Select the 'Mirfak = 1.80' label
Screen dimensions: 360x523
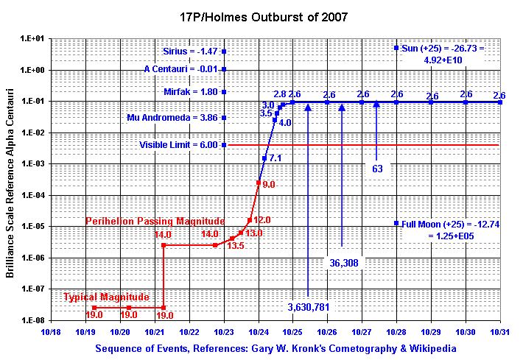tap(191, 92)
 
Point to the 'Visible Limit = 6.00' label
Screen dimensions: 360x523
tap(178, 145)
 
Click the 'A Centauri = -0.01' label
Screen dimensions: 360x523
tap(180, 69)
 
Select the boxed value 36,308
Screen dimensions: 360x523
tap(343, 263)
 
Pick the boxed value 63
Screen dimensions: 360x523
tap(378, 169)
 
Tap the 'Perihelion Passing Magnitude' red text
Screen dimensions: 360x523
tap(155, 221)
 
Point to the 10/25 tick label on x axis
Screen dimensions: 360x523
tap(292, 332)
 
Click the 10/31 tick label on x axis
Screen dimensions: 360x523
tap(500, 332)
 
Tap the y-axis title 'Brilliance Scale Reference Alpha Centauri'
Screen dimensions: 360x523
tap(11, 180)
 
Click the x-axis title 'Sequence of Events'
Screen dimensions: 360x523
tap(275, 348)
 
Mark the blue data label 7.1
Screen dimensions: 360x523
tap(275, 158)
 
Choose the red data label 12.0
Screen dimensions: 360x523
tap(263, 220)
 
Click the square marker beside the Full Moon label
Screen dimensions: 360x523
tap(396, 222)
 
